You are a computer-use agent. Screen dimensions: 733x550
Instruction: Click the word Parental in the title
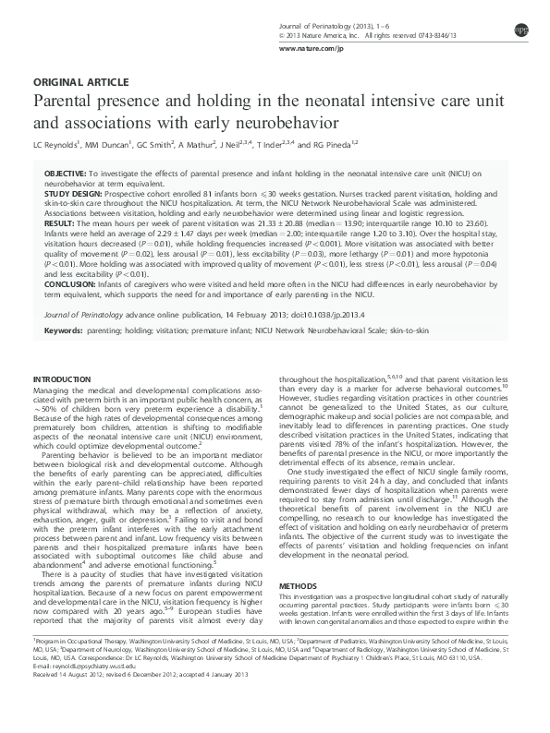click(68, 100)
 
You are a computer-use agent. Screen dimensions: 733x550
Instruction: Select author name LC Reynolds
click(55, 145)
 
